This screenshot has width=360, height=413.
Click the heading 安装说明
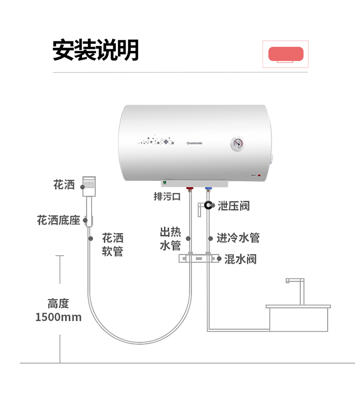(96, 50)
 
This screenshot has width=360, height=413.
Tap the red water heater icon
(286, 54)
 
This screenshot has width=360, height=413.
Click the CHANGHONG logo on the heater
(194, 143)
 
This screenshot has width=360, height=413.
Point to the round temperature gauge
(238, 143)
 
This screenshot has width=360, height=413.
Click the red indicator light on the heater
(259, 175)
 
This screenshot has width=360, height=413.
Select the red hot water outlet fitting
(190, 189)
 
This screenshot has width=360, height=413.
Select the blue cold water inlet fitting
(208, 189)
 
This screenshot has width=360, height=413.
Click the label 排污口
(167, 197)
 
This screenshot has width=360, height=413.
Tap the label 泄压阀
(234, 206)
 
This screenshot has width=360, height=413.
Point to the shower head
(89, 186)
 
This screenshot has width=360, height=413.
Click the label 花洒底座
(59, 220)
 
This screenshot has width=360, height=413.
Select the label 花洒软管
(112, 245)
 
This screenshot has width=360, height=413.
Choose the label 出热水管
(170, 238)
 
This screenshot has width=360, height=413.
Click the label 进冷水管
(238, 238)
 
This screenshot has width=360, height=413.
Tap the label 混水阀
(240, 259)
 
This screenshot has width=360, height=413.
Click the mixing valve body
(199, 259)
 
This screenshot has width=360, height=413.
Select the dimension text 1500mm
(59, 317)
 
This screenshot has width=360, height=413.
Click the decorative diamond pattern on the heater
(156, 141)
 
